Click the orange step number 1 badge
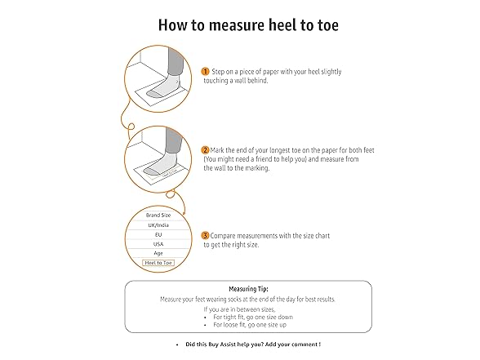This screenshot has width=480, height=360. click(205, 72)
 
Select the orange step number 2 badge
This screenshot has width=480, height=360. click(205, 151)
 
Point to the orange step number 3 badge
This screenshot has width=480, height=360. click(205, 235)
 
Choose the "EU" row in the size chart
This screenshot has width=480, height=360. click(158, 233)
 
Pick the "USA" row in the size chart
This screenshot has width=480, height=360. click(158, 243)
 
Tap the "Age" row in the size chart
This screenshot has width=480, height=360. click(158, 253)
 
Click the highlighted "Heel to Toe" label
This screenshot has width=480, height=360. click(158, 263)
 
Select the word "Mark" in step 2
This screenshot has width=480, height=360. click(219, 151)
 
